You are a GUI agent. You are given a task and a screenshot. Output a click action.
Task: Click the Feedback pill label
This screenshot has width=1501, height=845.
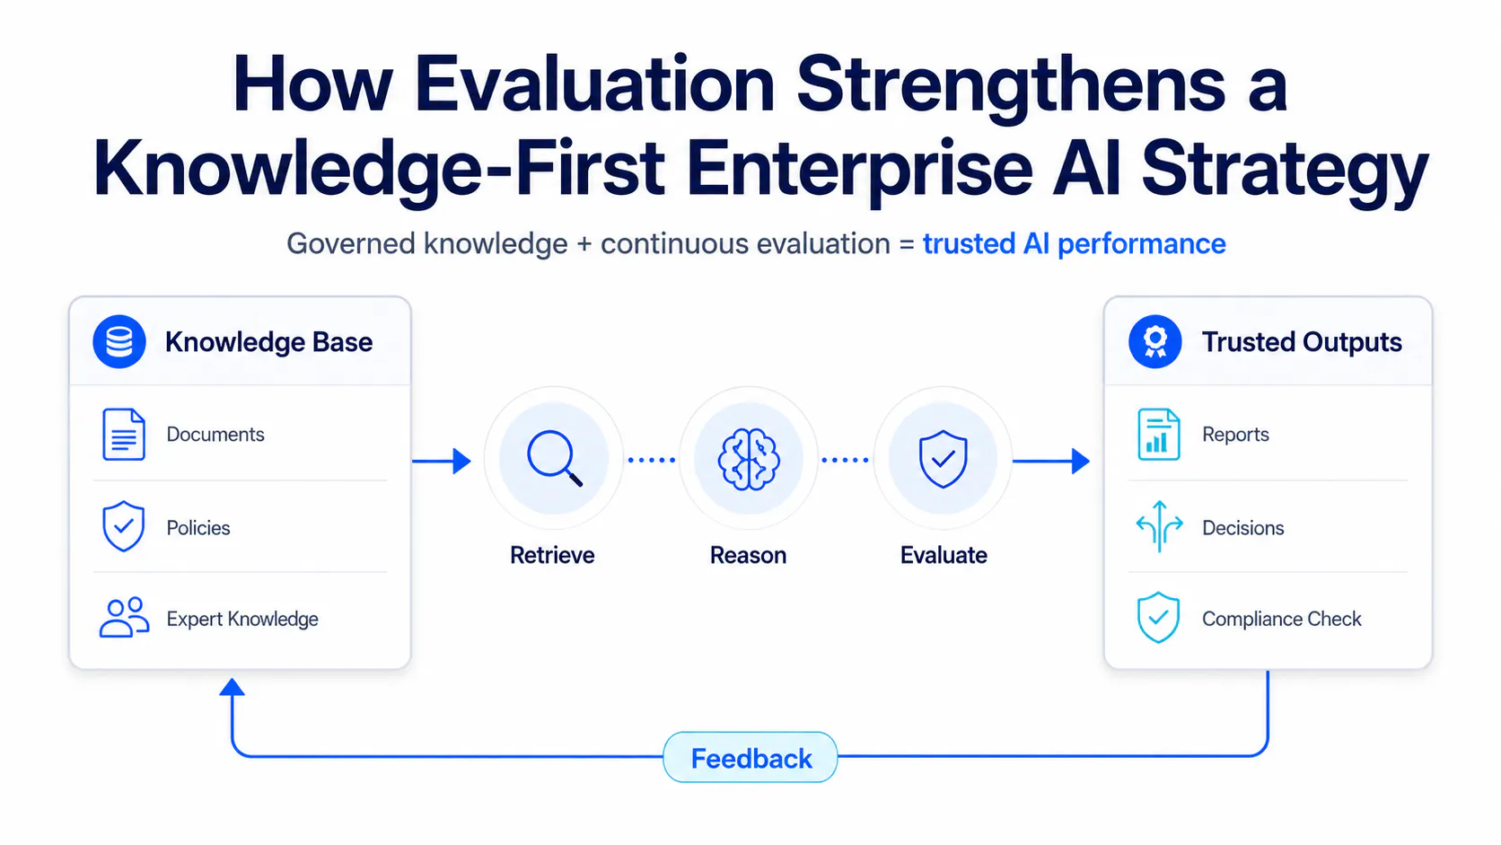[x=751, y=759]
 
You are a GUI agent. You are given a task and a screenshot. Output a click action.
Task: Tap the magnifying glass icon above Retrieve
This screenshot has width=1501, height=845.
[x=554, y=459]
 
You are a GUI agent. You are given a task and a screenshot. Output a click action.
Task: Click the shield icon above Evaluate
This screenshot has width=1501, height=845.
[x=943, y=459]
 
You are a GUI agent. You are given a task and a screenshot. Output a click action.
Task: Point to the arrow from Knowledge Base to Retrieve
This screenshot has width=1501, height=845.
[x=442, y=461]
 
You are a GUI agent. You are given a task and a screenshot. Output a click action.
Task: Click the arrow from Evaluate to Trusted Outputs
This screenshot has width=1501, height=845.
[x=1050, y=461]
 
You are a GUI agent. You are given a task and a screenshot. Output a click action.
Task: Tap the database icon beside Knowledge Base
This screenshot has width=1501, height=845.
[x=119, y=342]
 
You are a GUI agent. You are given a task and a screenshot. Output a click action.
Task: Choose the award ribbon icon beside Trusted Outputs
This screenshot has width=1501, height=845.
[x=1154, y=342]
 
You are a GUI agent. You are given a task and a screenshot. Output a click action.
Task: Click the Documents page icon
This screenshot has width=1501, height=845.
[x=123, y=435]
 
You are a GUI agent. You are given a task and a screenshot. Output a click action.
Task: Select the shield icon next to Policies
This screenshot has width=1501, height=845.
[x=123, y=526]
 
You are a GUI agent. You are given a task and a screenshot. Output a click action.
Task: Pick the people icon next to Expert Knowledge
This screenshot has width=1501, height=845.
[x=124, y=617]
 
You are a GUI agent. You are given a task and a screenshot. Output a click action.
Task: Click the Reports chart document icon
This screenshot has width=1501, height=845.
[x=1159, y=435]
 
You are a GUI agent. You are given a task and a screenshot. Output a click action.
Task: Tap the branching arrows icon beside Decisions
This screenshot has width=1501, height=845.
[x=1159, y=526]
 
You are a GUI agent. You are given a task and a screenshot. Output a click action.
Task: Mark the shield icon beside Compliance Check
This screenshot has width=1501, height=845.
[x=1159, y=617]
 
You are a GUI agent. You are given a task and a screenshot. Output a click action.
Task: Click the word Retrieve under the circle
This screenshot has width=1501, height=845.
[x=552, y=556]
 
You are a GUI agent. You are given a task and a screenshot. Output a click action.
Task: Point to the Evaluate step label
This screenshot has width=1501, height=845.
[x=944, y=556]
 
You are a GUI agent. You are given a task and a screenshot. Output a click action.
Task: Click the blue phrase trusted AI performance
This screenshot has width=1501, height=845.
[x=1075, y=244]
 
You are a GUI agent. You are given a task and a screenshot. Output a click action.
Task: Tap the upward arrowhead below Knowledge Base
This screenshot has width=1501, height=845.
[x=232, y=687]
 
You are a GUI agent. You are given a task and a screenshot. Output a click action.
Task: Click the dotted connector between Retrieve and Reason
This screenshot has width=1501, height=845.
[x=652, y=461]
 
